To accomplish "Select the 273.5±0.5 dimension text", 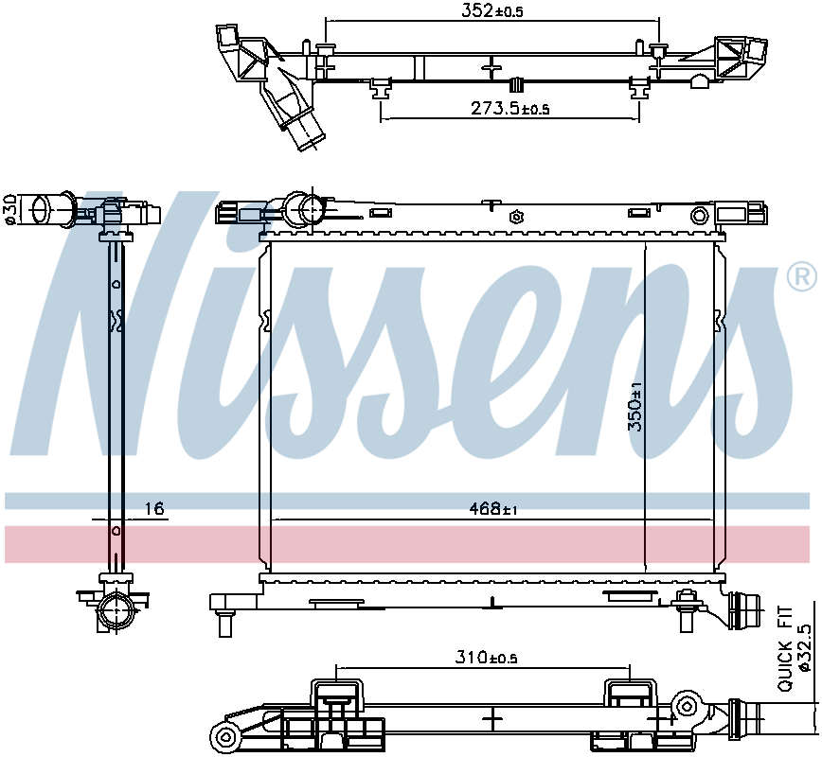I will (x=509, y=109).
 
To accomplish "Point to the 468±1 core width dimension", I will (x=492, y=509).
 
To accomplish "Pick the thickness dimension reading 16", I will (x=154, y=509).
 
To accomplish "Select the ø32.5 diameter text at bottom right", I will (x=805, y=648).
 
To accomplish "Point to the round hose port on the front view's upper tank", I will (x=306, y=208).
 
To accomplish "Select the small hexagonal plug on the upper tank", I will (x=516, y=216).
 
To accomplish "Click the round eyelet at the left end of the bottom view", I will (x=224, y=737).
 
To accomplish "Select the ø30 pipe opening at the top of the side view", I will (x=40, y=208).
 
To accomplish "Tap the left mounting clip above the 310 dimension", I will (x=335, y=696).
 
